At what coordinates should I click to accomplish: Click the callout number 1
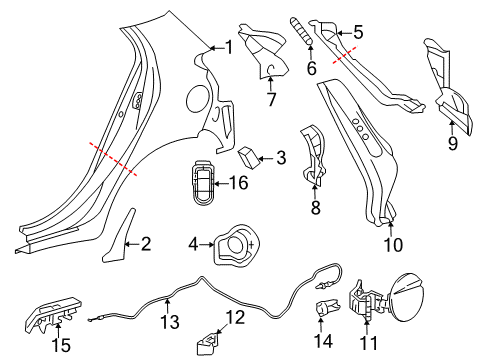click(228, 46)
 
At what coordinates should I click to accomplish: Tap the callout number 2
click(146, 243)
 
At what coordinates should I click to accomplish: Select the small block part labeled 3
click(248, 156)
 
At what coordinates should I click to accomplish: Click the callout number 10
click(392, 243)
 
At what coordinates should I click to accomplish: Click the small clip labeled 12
click(209, 340)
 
